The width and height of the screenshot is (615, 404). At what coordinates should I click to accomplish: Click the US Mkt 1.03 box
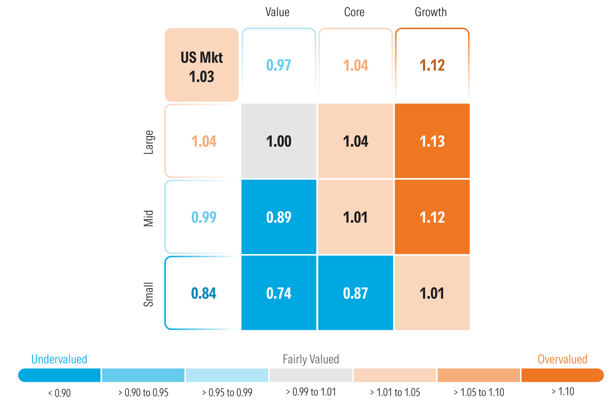point(201,65)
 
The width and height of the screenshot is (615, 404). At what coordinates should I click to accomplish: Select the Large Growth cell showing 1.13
point(432,141)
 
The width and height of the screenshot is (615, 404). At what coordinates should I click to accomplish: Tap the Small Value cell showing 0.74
point(279,293)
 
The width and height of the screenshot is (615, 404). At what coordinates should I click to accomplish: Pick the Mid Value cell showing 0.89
point(279,217)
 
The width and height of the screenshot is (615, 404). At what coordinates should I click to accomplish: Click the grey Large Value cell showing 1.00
point(279,141)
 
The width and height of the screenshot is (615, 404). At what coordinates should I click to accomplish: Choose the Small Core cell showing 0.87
point(356,293)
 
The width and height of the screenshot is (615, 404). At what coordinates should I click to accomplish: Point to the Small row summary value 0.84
point(203,293)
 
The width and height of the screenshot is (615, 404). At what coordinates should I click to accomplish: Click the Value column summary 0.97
point(279,65)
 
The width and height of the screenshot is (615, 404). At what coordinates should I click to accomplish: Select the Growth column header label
point(430,12)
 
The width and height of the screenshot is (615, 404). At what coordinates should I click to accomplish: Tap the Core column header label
point(354,12)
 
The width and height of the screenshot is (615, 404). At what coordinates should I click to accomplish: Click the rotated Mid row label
point(148,218)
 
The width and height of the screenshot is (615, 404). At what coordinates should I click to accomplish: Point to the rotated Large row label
point(148,142)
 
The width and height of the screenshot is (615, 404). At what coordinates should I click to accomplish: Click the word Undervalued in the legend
point(59,359)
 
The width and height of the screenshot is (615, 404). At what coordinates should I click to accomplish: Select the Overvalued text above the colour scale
point(562,359)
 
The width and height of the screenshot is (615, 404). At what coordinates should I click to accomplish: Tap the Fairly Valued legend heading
point(311,359)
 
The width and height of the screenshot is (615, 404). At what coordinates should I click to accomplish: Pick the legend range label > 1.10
point(563,392)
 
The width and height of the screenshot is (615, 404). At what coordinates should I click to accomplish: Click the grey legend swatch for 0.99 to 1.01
point(311,375)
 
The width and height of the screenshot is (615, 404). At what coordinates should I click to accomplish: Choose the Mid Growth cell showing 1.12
point(432,217)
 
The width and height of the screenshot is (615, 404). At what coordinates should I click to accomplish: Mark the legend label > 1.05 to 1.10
point(479,392)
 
